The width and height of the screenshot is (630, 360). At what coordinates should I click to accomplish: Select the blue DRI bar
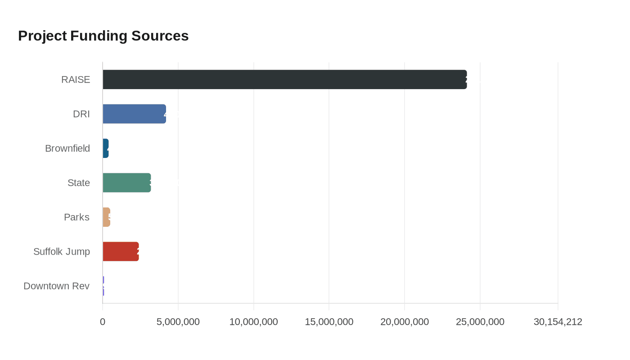[x=134, y=114]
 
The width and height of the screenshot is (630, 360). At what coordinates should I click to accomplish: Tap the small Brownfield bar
[x=106, y=148]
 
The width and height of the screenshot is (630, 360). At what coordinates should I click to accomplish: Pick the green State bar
[x=126, y=183]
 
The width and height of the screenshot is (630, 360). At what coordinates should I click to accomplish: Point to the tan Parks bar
[x=107, y=217]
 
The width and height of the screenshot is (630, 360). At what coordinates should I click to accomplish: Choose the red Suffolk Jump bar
[x=121, y=252]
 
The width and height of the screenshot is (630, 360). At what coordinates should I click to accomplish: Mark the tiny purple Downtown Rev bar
[x=103, y=286]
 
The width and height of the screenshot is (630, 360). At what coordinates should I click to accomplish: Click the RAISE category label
[x=76, y=80]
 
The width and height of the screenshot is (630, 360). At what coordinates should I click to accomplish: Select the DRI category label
[x=81, y=114]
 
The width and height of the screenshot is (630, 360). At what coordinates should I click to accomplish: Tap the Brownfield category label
[x=67, y=148]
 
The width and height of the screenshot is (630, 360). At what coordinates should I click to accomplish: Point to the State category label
[x=79, y=183]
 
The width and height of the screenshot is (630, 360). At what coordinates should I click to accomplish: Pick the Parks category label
[x=76, y=217]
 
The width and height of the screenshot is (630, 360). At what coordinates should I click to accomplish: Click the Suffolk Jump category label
[x=62, y=252]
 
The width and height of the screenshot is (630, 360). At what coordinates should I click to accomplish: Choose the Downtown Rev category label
[x=57, y=286]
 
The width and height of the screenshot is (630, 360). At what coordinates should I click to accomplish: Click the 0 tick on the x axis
[x=103, y=322]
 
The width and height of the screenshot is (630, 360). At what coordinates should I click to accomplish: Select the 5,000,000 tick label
[x=178, y=322]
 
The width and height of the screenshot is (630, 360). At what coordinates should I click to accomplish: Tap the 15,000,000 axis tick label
[x=329, y=322]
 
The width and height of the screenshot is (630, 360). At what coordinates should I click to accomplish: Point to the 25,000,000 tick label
[x=480, y=322]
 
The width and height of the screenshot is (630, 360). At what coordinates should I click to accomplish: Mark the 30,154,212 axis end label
[x=558, y=322]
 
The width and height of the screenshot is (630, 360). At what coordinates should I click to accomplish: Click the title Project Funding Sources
[x=103, y=36]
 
